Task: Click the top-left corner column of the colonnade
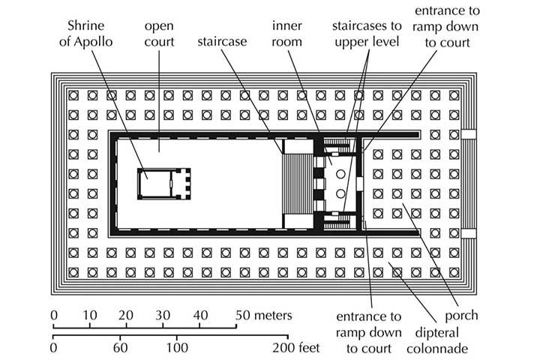tap(73, 96)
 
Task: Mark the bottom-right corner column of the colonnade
tap(454, 271)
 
